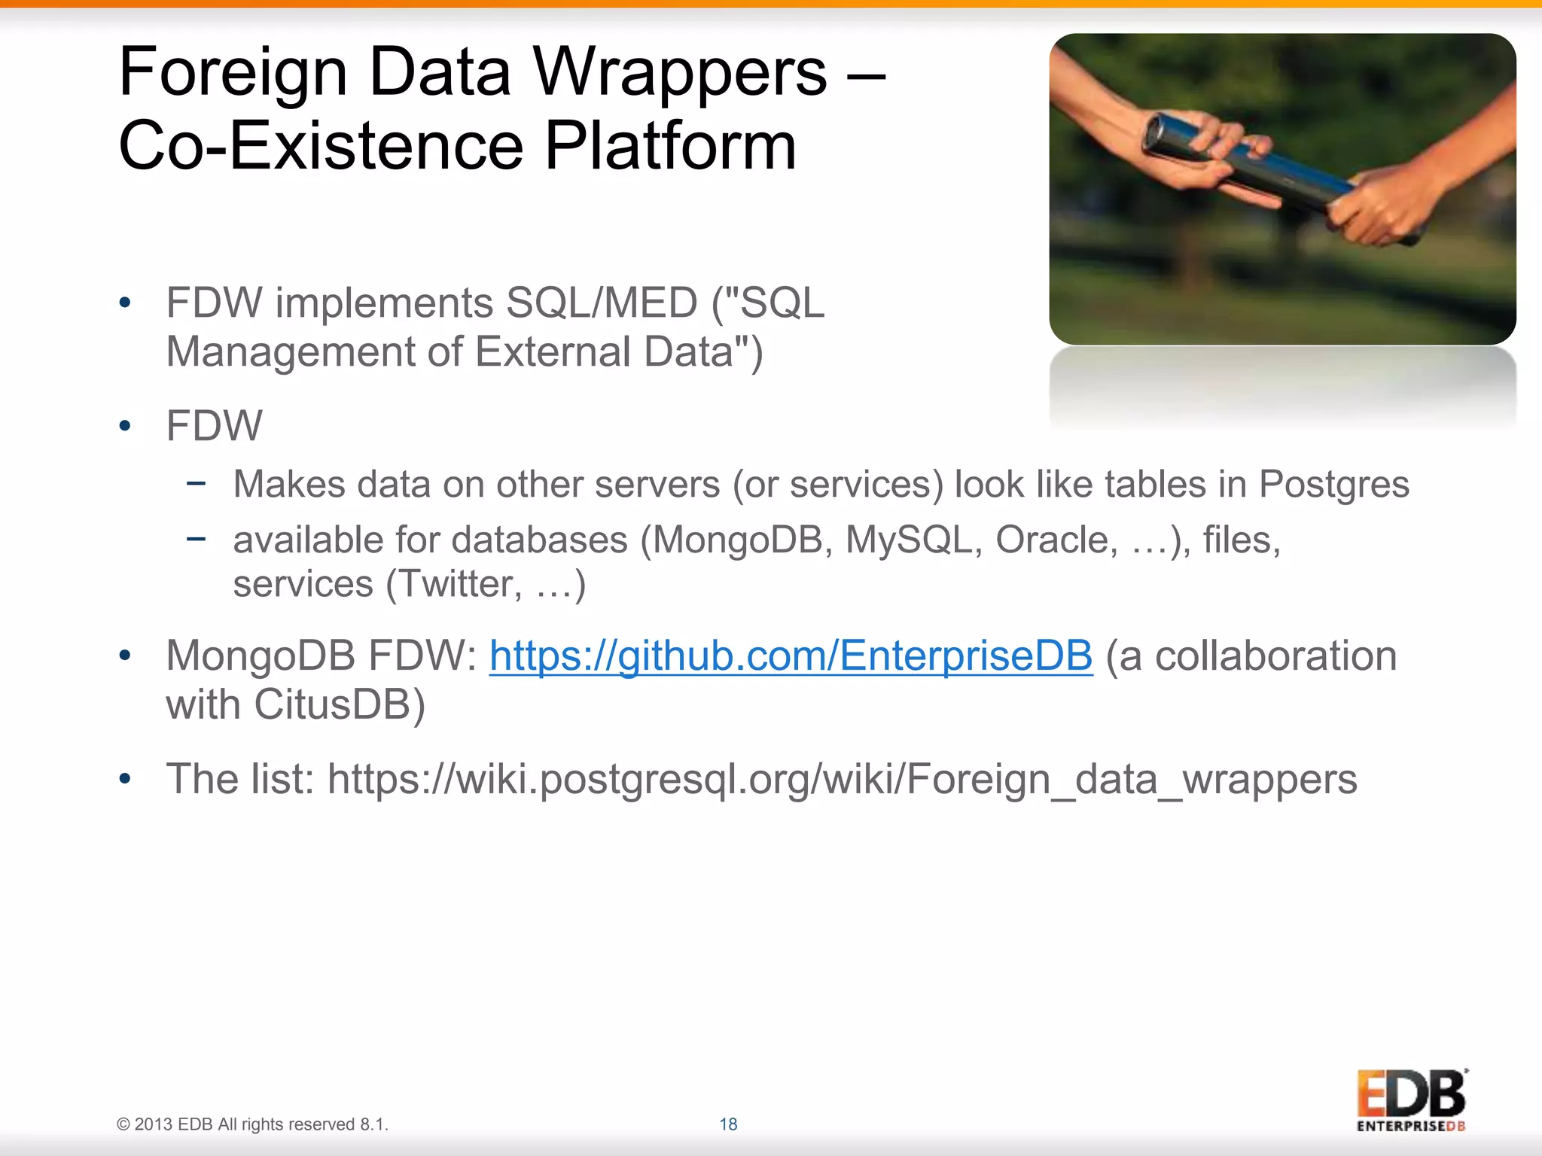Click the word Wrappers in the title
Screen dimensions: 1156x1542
click(x=680, y=72)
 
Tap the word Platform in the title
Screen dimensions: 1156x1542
click(x=669, y=145)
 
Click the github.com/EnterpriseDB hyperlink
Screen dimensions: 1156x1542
click(x=791, y=656)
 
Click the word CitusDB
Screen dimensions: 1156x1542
click(x=340, y=705)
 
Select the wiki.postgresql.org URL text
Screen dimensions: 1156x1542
click(x=842, y=779)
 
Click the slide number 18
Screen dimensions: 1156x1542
click(x=728, y=1124)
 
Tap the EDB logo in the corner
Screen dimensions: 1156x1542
click(x=1411, y=1100)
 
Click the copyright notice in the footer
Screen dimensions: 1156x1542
click(x=252, y=1124)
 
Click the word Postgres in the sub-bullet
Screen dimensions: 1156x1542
click(x=1333, y=485)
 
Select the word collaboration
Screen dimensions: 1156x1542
click(x=1276, y=656)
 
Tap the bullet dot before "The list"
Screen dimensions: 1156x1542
click(x=125, y=779)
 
